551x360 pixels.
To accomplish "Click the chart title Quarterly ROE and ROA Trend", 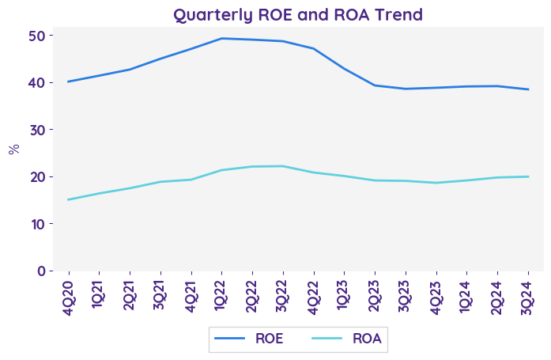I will pos(298,14).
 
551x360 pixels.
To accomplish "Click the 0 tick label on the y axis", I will pos(40,271).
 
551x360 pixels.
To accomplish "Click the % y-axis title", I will pos(13,149).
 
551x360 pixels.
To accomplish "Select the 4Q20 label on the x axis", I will pos(69,294).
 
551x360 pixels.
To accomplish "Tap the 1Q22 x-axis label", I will pos(221,294).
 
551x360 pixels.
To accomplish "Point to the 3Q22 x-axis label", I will pos(283,294).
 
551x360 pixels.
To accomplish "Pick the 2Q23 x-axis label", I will pos(375,294).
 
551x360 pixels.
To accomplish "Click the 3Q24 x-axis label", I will pos(527,294).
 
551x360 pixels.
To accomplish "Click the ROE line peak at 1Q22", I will pos(221,38).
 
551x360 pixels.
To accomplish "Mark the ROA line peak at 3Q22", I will pos(283,166).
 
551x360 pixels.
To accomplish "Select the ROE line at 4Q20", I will pos(69,81).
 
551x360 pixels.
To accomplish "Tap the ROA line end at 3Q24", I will pos(527,176).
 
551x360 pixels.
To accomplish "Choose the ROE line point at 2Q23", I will pos(375,85).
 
